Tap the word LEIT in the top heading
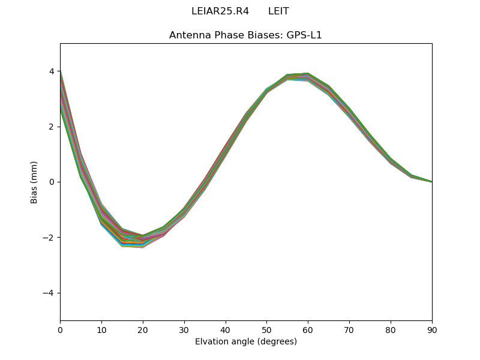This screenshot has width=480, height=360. coord(278,11)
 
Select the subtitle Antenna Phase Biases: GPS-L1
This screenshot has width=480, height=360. coord(245,35)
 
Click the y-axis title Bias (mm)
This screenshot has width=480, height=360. coord(34,182)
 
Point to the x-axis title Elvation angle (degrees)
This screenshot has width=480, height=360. coord(245,341)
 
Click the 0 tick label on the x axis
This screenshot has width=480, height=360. coord(60,329)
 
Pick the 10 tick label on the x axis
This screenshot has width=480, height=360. coord(101,329)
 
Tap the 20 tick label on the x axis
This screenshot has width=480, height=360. coord(143,329)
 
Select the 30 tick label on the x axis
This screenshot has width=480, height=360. coord(184,329)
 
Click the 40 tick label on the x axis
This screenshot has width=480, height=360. coord(225,329)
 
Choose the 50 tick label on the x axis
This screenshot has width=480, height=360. coord(266,329)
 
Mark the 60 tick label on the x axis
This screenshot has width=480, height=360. coord(308,329)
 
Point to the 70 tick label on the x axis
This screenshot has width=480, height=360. coord(349,329)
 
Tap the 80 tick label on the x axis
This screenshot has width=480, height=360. coord(391,329)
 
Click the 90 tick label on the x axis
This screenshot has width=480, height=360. coord(431,329)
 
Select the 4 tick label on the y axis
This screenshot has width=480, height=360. coord(52,71)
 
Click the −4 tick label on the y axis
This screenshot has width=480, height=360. coord(49,293)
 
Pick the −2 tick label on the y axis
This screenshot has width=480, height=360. coord(49,238)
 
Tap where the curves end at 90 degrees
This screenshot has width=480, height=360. coord(431,181)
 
